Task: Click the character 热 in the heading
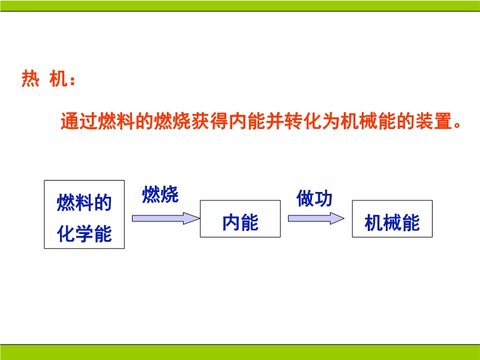coord(31,79)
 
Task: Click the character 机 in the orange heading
coord(58,79)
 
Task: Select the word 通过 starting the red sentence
coord(79,121)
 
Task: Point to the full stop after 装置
coord(457,125)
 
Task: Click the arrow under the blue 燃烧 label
coord(166,218)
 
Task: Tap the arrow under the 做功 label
coord(316,218)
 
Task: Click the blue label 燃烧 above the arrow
coord(160,194)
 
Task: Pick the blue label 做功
coord(314,199)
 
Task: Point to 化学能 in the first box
coord(84,234)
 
